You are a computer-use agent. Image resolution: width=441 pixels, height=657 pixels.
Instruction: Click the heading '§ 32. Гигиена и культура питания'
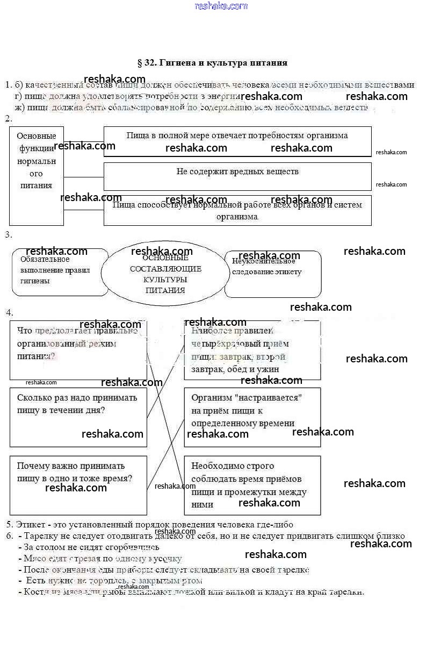[x=213, y=63]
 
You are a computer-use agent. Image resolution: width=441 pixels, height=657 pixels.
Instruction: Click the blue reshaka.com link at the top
[x=221, y=6]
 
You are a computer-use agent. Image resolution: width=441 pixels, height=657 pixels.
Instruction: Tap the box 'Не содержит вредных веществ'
[x=237, y=176]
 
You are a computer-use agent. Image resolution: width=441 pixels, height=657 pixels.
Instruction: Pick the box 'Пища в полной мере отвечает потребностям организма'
[x=237, y=141]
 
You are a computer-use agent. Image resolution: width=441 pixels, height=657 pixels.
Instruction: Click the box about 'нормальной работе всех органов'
[x=237, y=210]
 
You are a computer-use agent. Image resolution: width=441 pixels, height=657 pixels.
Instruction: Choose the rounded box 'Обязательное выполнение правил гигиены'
[x=59, y=272]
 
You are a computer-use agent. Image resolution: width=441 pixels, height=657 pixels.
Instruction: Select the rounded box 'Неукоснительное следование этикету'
[x=273, y=273]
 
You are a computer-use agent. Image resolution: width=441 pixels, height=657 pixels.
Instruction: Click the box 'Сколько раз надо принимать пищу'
[x=78, y=417]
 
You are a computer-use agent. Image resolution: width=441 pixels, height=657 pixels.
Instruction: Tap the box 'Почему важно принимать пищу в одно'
[x=78, y=485]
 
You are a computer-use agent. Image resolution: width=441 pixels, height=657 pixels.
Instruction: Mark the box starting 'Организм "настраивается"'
[x=252, y=417]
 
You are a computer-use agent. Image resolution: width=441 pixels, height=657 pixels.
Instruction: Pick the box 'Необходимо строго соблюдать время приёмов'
[x=252, y=485]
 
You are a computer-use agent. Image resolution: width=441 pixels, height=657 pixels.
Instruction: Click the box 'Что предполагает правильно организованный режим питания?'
[x=78, y=350]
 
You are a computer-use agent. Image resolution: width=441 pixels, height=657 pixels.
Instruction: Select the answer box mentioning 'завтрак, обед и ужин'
[x=252, y=350]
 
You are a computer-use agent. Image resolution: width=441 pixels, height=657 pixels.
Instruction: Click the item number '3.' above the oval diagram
[x=8, y=235]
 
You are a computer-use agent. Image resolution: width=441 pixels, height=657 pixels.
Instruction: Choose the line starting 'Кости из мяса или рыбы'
[x=193, y=592]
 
